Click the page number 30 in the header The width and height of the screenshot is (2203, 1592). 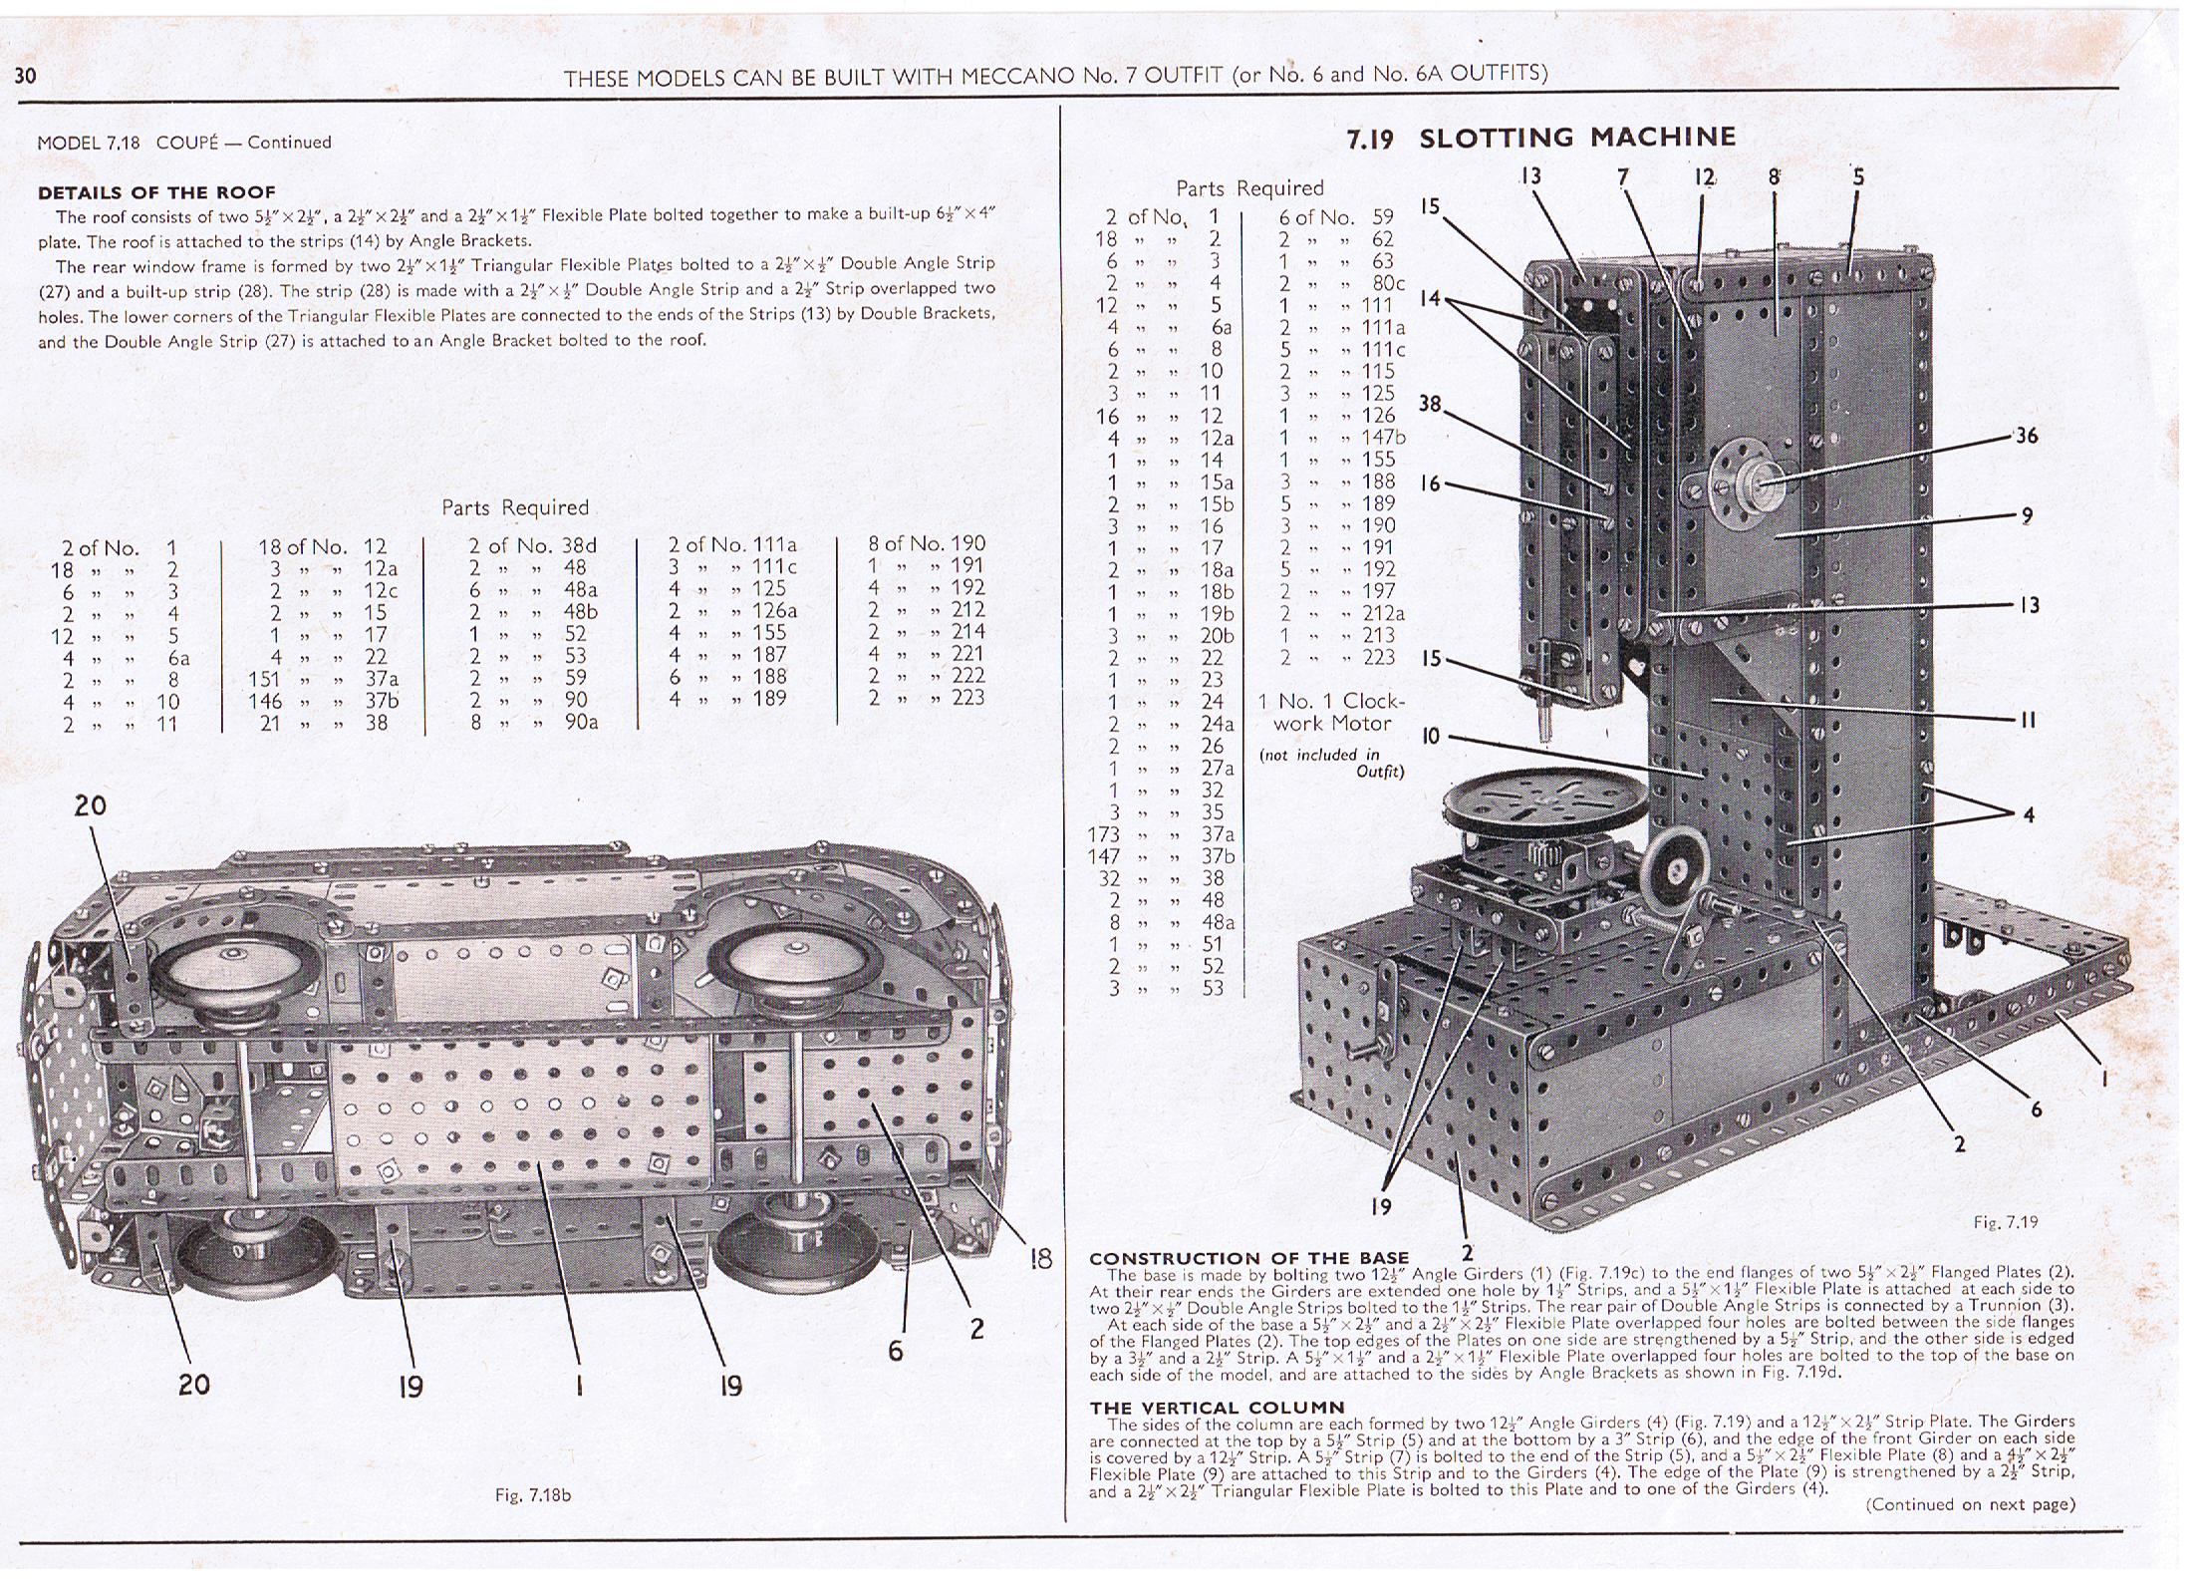click(x=26, y=76)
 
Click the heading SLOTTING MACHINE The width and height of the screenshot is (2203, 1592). click(x=1576, y=137)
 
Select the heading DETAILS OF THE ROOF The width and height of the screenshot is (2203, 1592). click(x=156, y=192)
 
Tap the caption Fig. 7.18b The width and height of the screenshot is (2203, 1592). click(x=533, y=1495)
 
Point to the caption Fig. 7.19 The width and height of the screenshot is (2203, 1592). click(x=2006, y=1222)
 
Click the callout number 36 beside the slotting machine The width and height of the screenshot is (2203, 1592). click(x=2027, y=436)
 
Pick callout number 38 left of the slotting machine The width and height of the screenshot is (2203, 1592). click(x=1430, y=404)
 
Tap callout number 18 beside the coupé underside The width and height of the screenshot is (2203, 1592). click(x=1040, y=1258)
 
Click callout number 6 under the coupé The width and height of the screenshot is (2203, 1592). click(x=896, y=1350)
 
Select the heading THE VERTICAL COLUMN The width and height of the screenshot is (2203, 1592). click(x=1217, y=1408)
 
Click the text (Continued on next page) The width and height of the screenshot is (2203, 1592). click(x=1970, y=1504)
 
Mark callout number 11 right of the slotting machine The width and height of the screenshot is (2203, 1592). click(x=2027, y=720)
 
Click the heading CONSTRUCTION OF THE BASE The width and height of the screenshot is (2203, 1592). click(x=1249, y=1258)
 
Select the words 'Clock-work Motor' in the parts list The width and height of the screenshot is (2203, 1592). click(x=1333, y=713)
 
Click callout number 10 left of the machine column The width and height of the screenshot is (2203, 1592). click(x=1431, y=737)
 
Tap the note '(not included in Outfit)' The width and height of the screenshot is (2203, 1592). click(x=1332, y=763)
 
